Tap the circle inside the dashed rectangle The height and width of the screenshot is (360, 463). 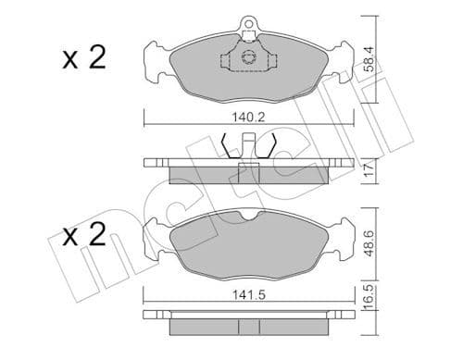coord(247,58)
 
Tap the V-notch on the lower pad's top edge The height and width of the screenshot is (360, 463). coord(247,216)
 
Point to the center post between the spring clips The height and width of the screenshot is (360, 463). coord(247,146)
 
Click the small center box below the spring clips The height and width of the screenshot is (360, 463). coord(247,168)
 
